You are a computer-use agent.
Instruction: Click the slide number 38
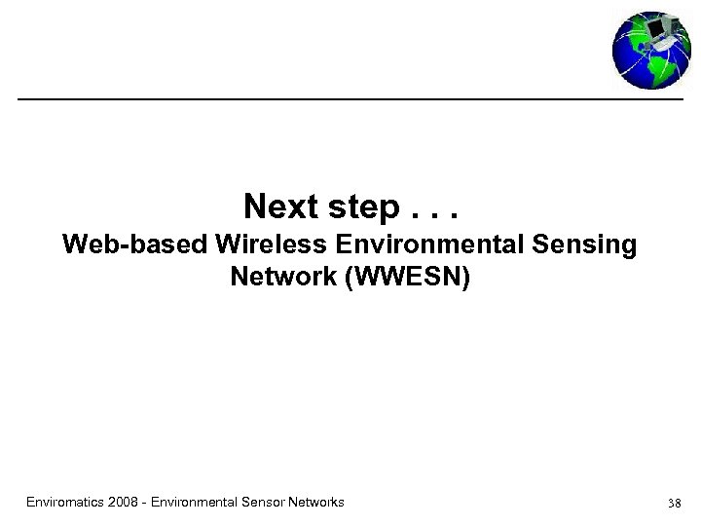coord(675,504)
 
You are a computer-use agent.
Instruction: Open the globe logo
coord(650,51)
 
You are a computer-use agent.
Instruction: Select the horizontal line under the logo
coord(350,99)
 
